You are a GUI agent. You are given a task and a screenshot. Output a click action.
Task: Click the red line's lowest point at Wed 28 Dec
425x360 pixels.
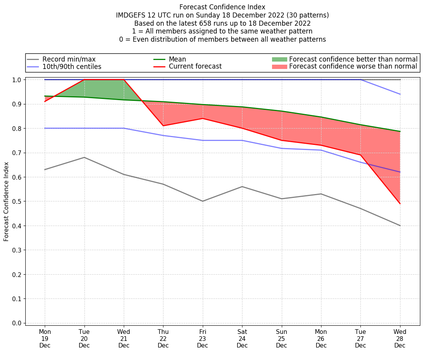[400, 203]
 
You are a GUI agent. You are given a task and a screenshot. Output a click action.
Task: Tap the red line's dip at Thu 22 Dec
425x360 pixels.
[163, 125]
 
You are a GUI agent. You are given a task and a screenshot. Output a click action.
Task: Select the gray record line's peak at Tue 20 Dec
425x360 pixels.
[84, 157]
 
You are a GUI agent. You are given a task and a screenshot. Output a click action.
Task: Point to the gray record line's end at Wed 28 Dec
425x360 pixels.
[400, 226]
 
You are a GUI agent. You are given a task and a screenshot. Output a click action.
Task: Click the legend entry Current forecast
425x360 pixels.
[195, 67]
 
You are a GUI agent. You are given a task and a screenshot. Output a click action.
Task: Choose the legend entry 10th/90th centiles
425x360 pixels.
[72, 67]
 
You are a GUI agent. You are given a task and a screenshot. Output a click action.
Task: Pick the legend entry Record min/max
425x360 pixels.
[69, 59]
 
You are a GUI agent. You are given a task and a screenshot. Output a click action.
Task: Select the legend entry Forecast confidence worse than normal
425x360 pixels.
[353, 67]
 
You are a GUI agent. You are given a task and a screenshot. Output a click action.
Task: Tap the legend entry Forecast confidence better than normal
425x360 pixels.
[353, 59]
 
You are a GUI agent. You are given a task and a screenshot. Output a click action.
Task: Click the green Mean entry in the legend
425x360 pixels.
[177, 59]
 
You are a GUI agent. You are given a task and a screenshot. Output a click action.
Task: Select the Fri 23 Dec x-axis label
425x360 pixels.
[202, 339]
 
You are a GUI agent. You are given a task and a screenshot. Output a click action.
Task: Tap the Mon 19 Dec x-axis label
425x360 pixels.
[45, 339]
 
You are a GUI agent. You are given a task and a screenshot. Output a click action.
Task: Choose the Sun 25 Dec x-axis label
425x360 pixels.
[281, 339]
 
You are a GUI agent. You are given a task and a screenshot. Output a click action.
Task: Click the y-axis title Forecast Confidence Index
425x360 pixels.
[6, 201]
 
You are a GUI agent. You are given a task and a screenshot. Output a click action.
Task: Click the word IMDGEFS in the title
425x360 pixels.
[132, 15]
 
